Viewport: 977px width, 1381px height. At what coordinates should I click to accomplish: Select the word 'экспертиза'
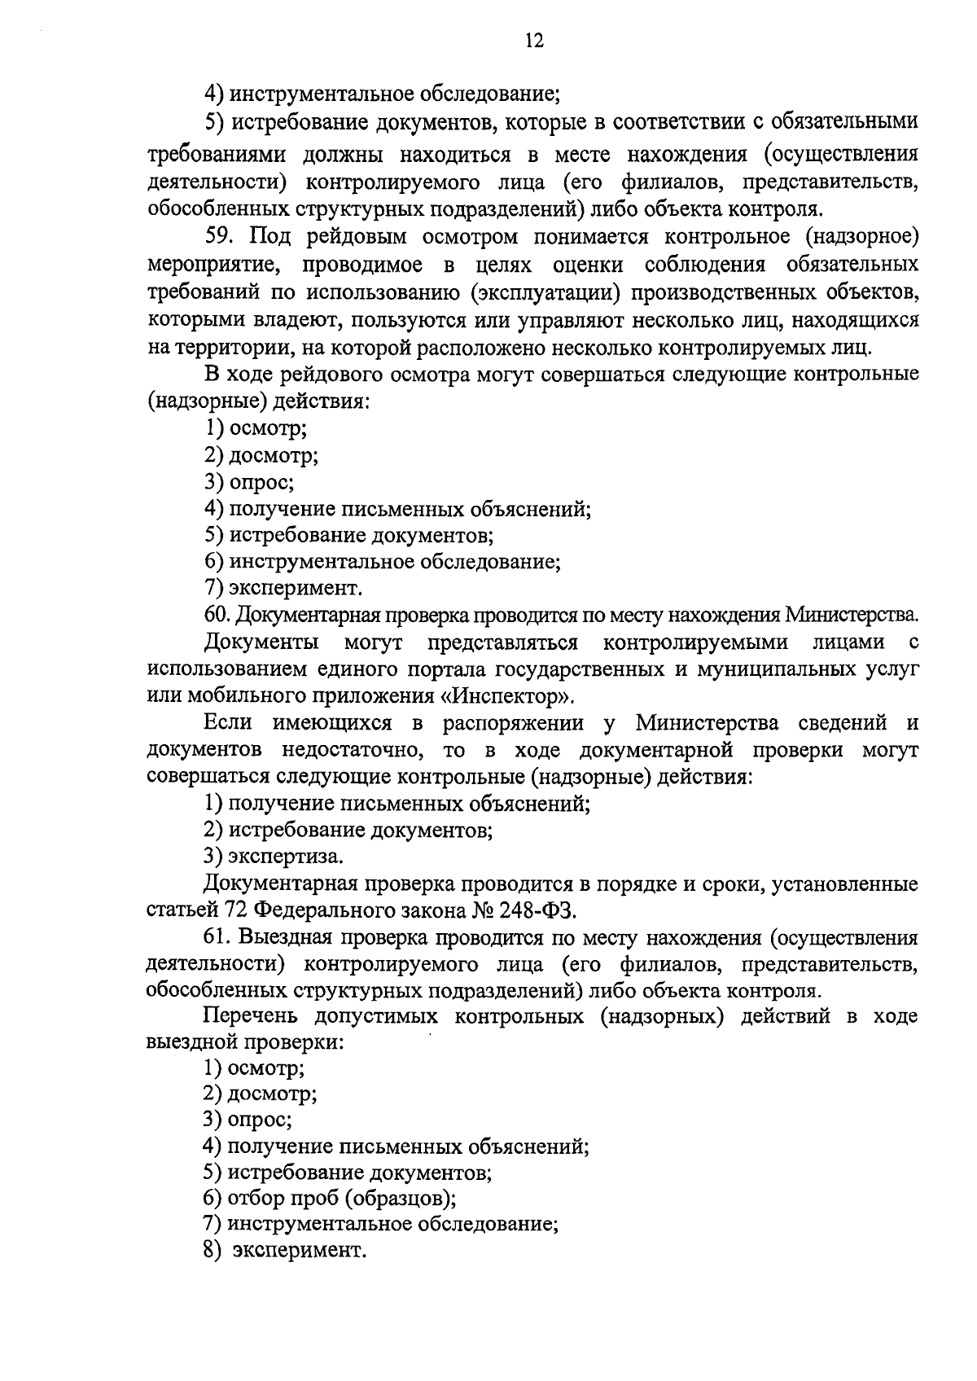point(283,857)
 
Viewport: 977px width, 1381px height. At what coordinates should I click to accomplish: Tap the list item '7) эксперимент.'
point(283,588)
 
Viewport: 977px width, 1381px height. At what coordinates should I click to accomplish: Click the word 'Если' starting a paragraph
point(228,723)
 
